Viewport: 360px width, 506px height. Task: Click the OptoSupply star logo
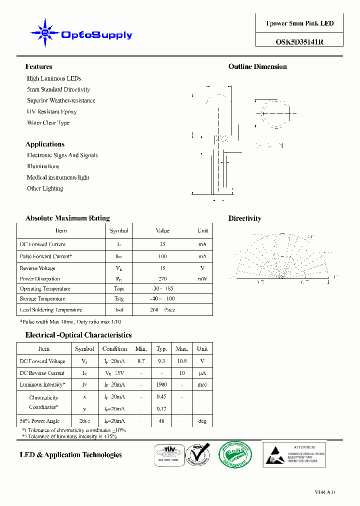coord(45,33)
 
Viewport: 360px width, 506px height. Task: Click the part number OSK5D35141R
coord(299,42)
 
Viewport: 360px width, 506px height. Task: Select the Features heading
coord(38,66)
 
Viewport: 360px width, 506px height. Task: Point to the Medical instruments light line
coord(58,177)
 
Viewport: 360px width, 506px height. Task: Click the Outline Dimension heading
coord(257,66)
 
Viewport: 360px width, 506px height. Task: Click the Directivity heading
coord(244,218)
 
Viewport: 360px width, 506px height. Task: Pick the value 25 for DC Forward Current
coord(162,244)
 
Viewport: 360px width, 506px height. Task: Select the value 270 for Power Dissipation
coord(162,279)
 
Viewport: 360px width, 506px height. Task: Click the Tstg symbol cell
coord(119,299)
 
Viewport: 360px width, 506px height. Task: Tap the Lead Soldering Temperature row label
coord(50,310)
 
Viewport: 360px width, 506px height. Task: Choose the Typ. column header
coord(161,348)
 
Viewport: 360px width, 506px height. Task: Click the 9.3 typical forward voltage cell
coord(161,361)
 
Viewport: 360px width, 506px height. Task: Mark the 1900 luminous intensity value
coord(161,384)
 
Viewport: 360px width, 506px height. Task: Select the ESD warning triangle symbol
coord(275,454)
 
